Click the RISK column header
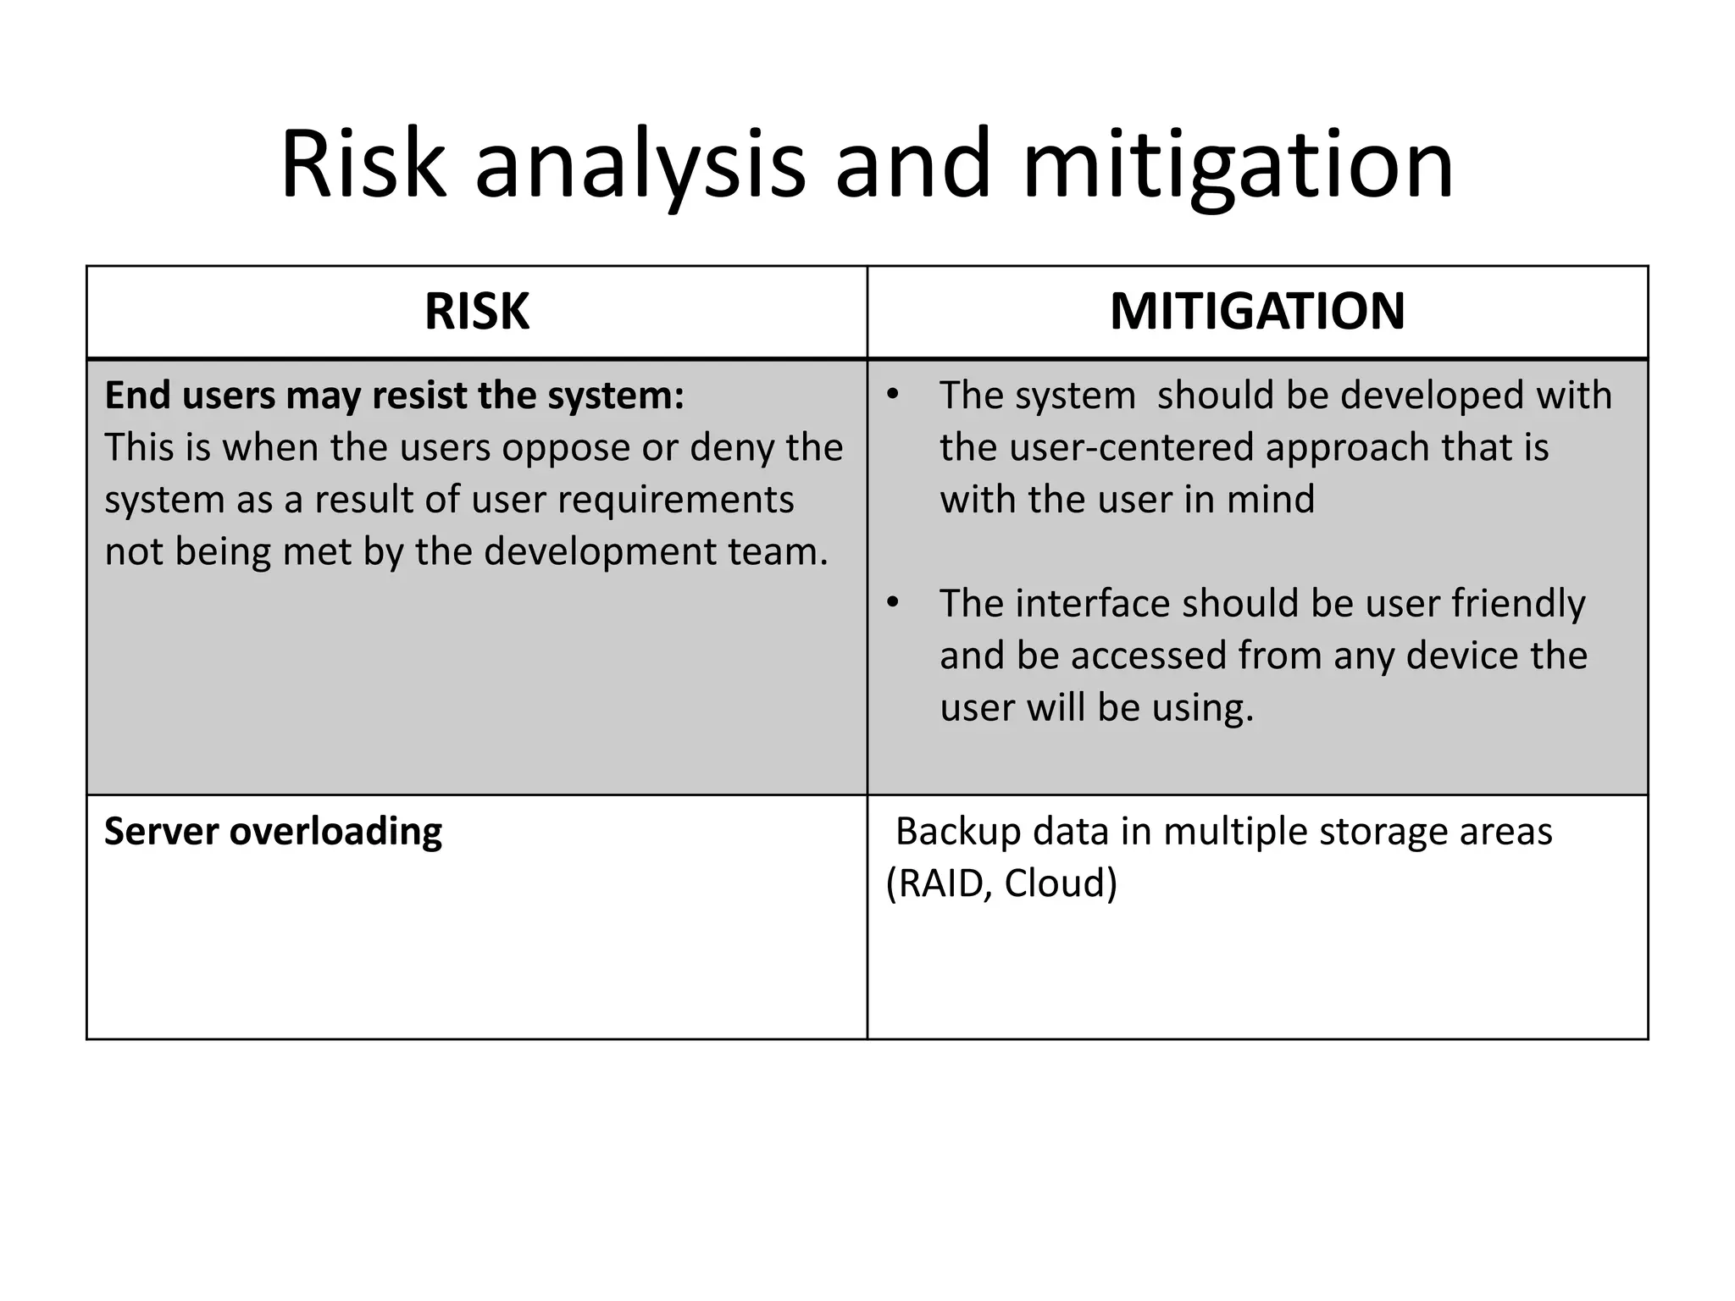pyautogui.click(x=477, y=312)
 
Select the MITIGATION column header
pyautogui.click(x=1257, y=312)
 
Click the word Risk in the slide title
pyautogui.click(x=363, y=164)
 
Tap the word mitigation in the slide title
pyautogui.click(x=1238, y=164)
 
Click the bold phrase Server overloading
pyautogui.click(x=273, y=832)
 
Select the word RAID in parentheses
pyautogui.click(x=940, y=883)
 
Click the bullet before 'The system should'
pyautogui.click(x=891, y=396)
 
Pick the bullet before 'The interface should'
pyautogui.click(x=891, y=604)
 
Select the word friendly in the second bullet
pyautogui.click(x=1518, y=604)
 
